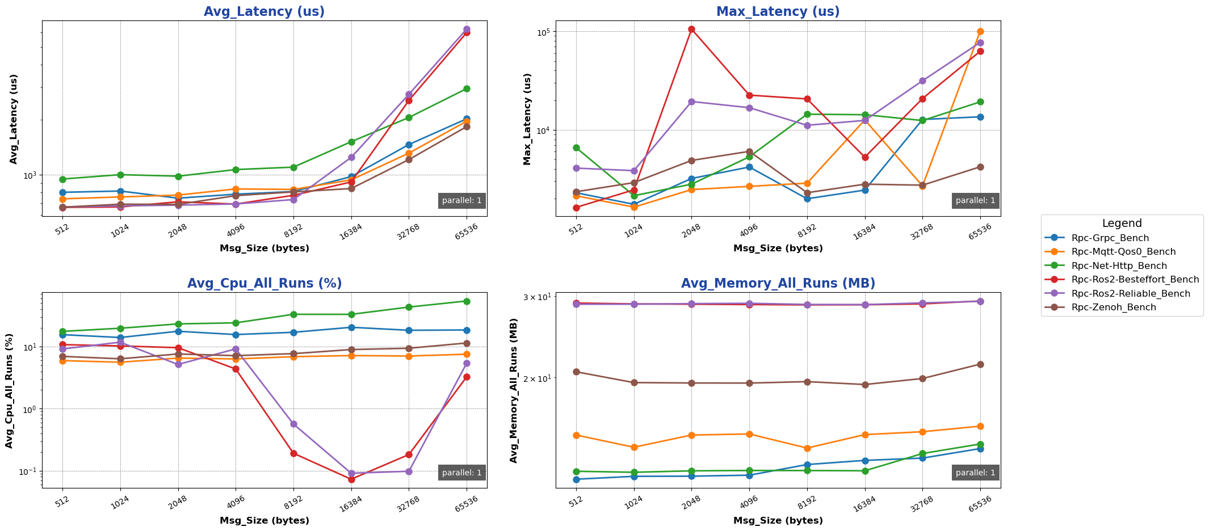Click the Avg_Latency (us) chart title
[x=264, y=11]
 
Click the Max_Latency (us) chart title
[x=778, y=11]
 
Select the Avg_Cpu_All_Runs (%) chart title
[x=264, y=284]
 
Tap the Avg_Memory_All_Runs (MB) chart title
[x=778, y=284]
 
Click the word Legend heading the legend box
[x=1122, y=224]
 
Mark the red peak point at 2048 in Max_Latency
[x=691, y=29]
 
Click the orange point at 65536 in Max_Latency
[x=980, y=32]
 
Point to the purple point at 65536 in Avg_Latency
[x=467, y=29]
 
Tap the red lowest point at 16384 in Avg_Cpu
[x=351, y=479]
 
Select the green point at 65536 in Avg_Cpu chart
[x=467, y=301]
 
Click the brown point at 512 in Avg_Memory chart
[x=576, y=372]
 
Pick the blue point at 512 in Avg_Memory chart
[x=576, y=479]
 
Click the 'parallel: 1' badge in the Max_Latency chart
[x=975, y=200]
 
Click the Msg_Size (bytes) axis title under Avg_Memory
[x=778, y=520]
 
